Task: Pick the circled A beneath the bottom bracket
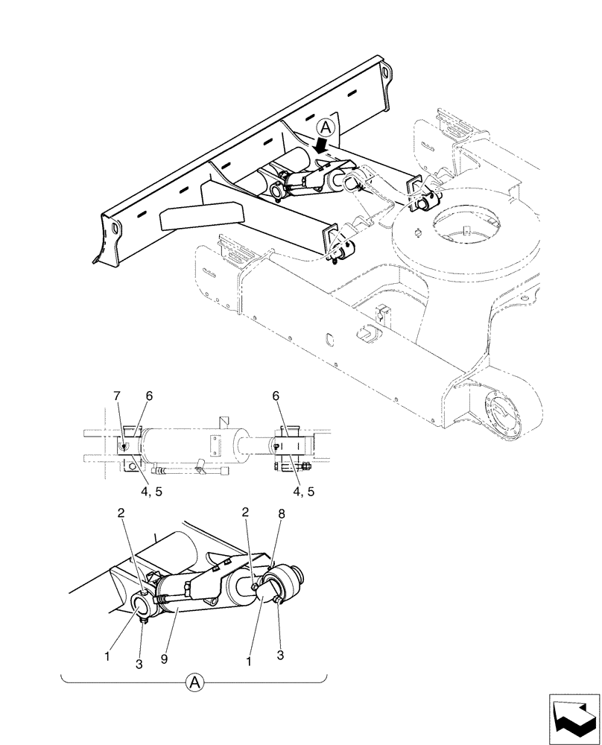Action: pyautogui.click(x=194, y=682)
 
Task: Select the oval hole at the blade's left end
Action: pyautogui.click(x=113, y=228)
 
